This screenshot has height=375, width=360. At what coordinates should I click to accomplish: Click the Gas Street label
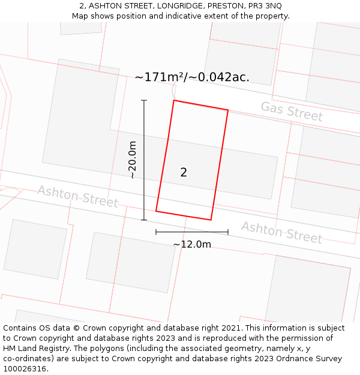click(x=292, y=112)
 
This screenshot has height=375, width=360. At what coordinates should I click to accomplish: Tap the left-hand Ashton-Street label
click(x=77, y=196)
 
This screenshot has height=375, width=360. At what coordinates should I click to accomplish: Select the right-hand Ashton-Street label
click(x=281, y=232)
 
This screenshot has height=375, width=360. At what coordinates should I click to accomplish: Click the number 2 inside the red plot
click(x=184, y=173)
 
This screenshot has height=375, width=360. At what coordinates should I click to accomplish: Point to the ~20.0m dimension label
click(x=133, y=160)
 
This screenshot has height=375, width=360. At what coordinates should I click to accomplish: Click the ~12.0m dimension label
click(x=192, y=244)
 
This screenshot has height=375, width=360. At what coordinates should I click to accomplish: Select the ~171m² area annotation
click(x=192, y=77)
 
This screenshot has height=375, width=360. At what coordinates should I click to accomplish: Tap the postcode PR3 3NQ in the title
click(x=265, y=5)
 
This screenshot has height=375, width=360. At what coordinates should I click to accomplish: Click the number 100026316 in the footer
click(x=24, y=368)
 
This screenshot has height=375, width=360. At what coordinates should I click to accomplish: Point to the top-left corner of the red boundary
click(x=174, y=100)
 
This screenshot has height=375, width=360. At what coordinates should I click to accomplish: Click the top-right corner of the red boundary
click(x=228, y=110)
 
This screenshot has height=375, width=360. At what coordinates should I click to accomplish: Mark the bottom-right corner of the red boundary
click(x=211, y=220)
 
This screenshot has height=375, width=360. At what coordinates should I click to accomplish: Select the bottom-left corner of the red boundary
click(x=156, y=211)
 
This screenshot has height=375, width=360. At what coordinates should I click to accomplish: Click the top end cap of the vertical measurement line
click(x=144, y=100)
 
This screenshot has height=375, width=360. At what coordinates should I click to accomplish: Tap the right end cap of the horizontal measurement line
click(x=228, y=232)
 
